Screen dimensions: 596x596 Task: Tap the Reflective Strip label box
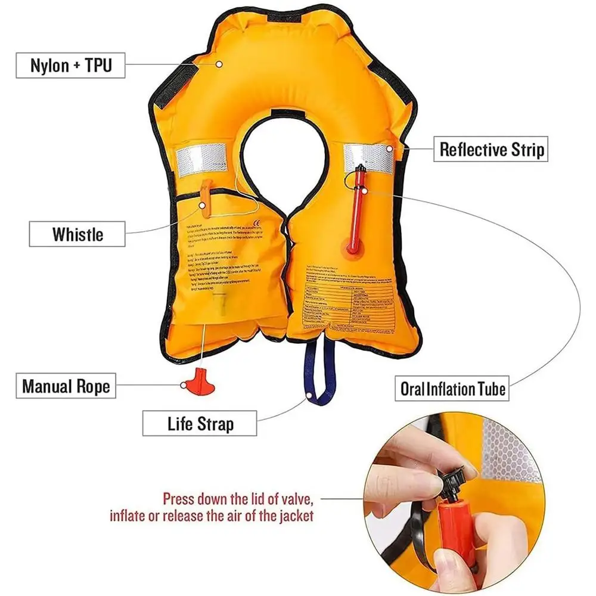point(492,149)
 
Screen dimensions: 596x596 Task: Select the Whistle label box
point(77,234)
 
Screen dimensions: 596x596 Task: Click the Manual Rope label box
point(66,386)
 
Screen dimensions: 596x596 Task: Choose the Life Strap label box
point(200,424)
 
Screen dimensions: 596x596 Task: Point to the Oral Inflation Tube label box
point(453,390)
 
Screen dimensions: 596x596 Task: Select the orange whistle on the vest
point(204,194)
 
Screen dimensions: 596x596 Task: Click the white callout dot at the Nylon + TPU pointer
point(219,64)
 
